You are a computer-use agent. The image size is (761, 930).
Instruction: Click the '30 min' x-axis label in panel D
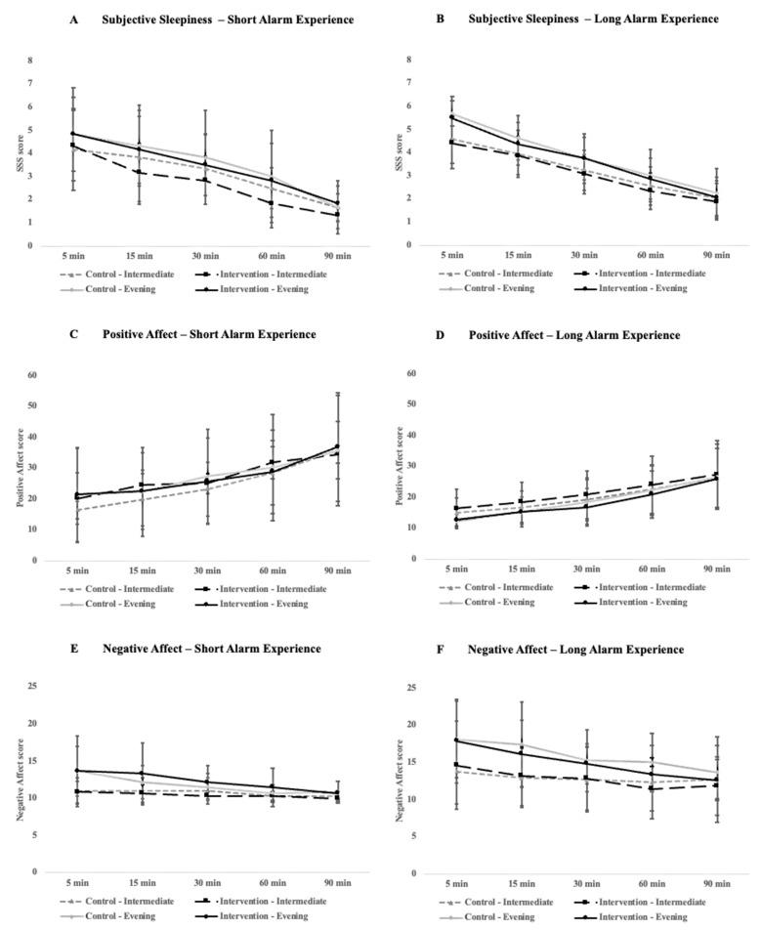click(582, 571)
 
